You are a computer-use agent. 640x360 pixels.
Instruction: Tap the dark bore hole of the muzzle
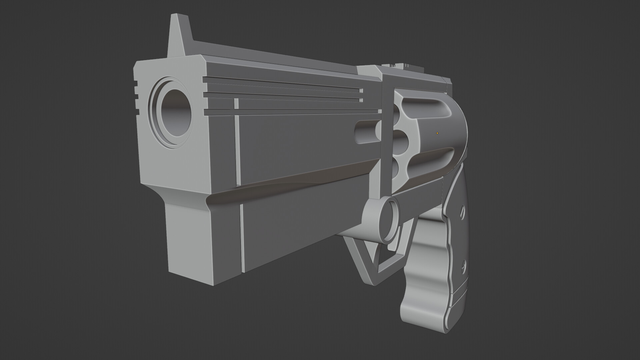[x=176, y=113]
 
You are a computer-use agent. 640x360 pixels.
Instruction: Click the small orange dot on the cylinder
[x=437, y=133]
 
